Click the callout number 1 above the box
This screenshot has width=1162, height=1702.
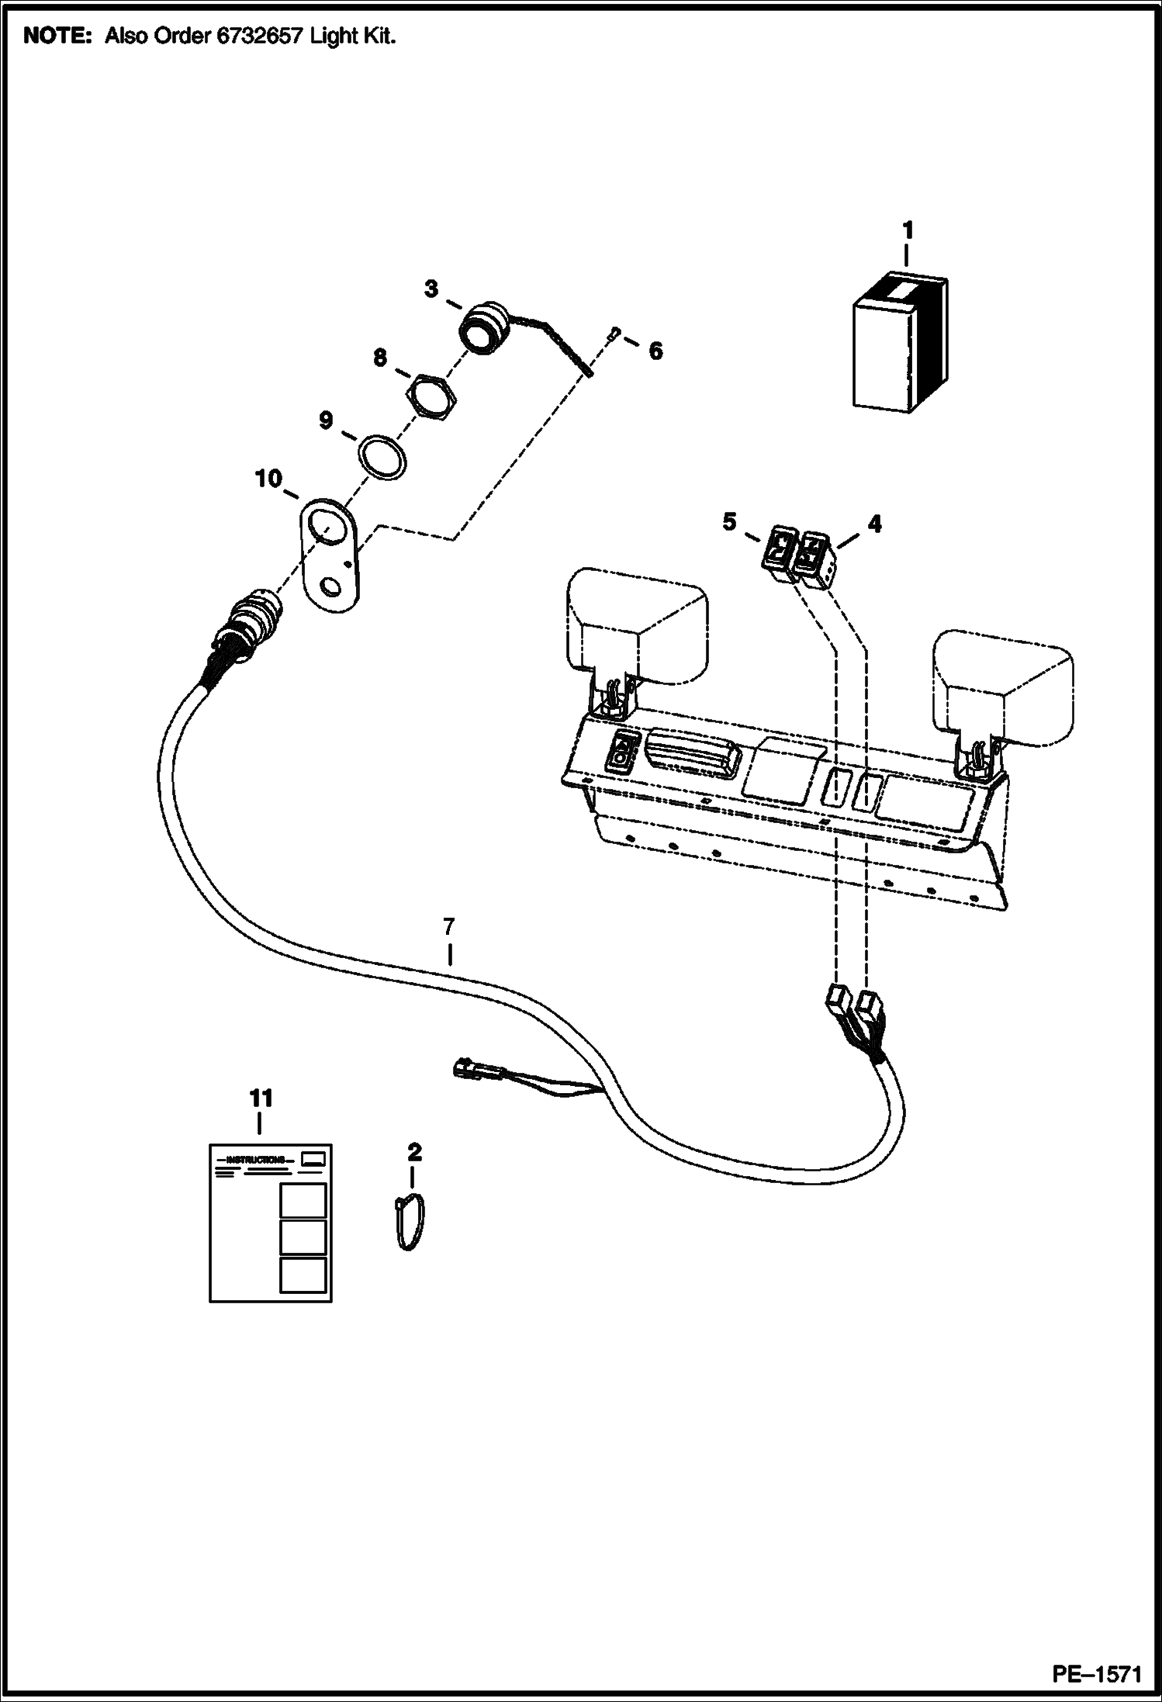[x=907, y=231]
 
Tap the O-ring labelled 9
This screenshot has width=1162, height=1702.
[x=382, y=457]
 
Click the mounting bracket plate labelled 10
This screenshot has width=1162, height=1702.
[x=327, y=555]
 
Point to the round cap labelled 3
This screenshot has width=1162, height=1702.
[x=483, y=329]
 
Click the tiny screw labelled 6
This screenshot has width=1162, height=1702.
[x=614, y=334]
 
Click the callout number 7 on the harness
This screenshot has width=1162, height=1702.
[x=448, y=926]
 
